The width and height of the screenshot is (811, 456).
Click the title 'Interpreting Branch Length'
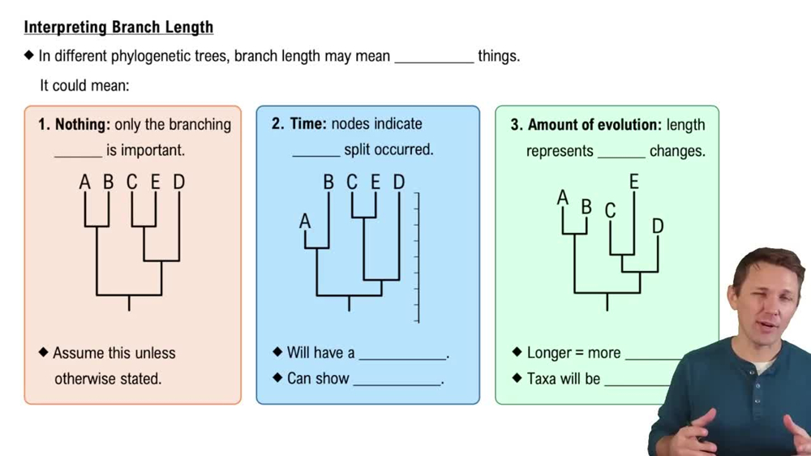click(118, 27)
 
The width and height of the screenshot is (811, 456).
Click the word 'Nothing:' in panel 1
click(82, 125)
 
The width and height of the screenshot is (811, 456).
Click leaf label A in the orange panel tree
click(84, 182)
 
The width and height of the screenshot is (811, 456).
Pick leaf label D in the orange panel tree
click(178, 182)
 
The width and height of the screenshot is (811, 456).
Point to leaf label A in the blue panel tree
click(305, 221)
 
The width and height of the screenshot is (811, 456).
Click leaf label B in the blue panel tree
click(328, 182)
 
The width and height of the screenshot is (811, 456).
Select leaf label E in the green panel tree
click(633, 182)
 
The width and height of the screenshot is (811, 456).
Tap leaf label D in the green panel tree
click(658, 226)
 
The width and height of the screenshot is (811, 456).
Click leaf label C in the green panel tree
click(610, 211)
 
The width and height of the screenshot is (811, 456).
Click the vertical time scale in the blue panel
click(417, 258)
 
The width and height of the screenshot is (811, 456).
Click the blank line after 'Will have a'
click(403, 354)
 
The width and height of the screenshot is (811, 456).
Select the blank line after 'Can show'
click(397, 379)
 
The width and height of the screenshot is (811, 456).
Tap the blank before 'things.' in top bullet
click(434, 58)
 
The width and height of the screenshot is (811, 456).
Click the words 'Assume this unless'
click(114, 353)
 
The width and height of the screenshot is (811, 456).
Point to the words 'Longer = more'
click(573, 353)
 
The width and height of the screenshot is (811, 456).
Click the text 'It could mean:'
click(84, 84)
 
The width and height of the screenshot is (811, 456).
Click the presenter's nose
click(765, 303)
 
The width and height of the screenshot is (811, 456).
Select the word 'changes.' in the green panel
click(677, 151)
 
